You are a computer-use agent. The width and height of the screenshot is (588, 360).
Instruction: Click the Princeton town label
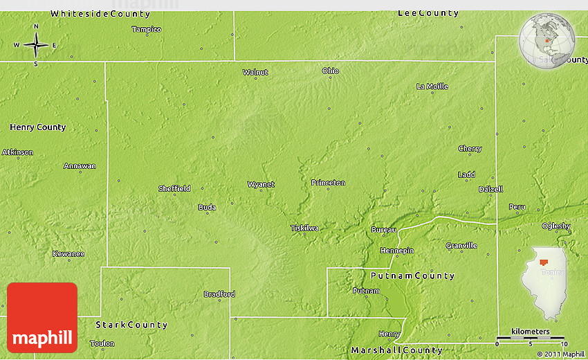coord(328,183)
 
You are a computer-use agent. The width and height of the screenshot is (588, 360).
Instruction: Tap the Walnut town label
coord(255,72)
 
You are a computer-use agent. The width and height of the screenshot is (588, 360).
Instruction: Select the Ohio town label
coord(331,71)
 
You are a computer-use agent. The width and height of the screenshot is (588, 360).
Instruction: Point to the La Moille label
coord(432,87)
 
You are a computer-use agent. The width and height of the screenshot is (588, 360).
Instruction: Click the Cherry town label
coord(470,149)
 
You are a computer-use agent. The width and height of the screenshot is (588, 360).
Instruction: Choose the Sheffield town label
coord(174,188)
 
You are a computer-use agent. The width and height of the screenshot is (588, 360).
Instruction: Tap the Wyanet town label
coord(261,184)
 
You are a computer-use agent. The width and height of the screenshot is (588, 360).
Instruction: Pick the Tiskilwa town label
coord(304,228)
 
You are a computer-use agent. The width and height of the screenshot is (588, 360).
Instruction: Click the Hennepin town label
coord(397,250)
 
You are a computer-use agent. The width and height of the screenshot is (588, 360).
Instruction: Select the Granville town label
coord(461,246)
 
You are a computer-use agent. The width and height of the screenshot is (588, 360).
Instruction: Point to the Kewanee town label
coord(68,253)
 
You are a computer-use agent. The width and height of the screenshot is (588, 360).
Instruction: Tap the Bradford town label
coord(219,294)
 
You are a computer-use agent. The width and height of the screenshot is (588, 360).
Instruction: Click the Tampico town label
coord(147,29)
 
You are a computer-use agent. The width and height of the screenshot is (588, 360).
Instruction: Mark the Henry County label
coord(38,127)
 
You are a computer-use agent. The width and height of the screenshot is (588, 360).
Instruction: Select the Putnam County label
coord(412,276)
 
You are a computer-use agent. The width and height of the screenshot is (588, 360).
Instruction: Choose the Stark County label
coord(131,324)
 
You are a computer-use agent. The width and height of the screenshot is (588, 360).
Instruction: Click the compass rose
coord(36,46)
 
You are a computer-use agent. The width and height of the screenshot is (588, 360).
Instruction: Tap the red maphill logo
coord(42,318)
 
